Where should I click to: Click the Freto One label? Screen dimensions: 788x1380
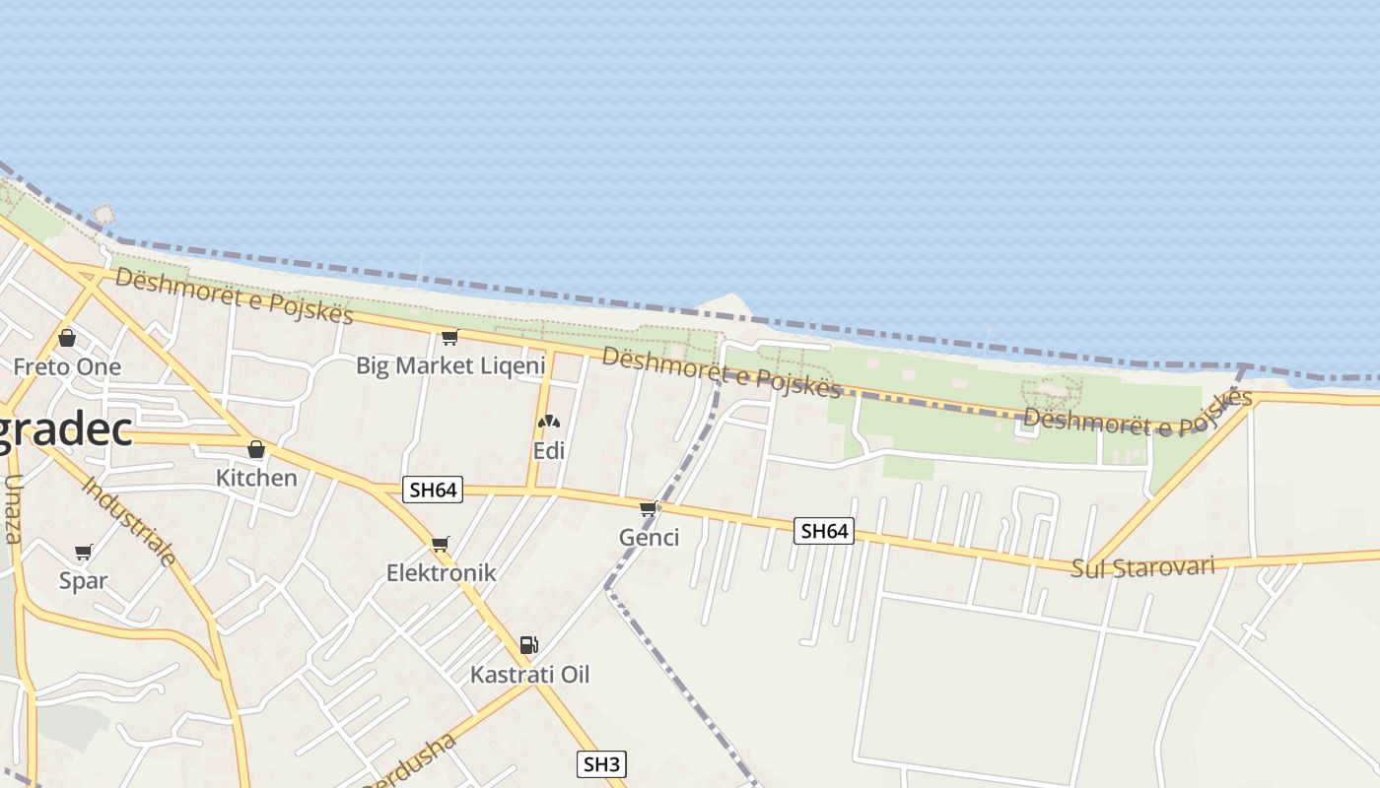(67, 367)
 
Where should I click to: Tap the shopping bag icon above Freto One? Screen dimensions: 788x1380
(67, 338)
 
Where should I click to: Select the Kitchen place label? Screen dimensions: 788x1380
(256, 478)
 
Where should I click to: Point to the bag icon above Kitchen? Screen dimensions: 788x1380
(256, 450)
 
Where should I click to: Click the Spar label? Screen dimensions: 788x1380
(83, 580)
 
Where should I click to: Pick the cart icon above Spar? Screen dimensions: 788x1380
(84, 553)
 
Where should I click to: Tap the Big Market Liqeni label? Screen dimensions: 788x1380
(450, 366)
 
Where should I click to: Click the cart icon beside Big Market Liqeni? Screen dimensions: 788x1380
(450, 338)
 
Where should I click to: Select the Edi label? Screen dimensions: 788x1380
(549, 450)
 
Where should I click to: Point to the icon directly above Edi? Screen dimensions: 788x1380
(549, 422)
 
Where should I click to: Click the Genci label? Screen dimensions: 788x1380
(649, 537)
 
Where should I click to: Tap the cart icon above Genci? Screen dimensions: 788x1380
(649, 509)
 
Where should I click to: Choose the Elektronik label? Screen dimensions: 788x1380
(441, 572)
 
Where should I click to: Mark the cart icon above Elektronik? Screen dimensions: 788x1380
(441, 545)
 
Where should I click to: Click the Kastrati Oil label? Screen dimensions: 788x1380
(529, 675)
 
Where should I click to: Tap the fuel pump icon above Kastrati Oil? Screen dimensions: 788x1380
(529, 645)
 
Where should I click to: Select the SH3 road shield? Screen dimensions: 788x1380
(601, 763)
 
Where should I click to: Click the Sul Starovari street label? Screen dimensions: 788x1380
(1142, 567)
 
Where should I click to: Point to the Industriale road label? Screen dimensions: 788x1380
(129, 521)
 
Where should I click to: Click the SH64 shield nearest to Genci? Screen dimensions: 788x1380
(824, 531)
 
